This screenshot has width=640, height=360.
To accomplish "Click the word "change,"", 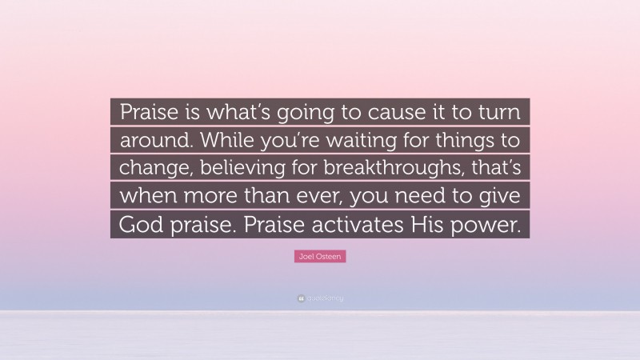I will pos(153,169).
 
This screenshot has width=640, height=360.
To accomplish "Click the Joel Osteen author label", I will pos(319,257).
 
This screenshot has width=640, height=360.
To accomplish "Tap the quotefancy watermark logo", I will pos(319,298).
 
